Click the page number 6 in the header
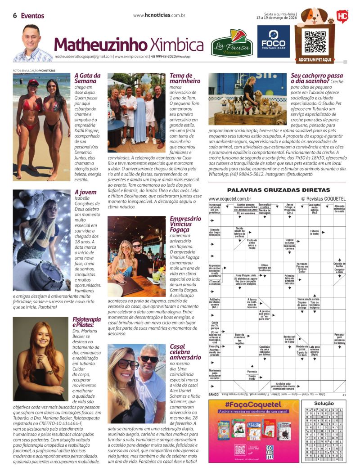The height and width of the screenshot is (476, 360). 15,16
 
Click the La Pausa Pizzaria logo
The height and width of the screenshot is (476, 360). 232,43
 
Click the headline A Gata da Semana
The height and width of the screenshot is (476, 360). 87,79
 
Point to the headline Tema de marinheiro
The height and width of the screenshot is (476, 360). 185,79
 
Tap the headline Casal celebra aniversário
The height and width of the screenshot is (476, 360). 185,352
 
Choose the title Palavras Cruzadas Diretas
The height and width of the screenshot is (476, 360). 279,190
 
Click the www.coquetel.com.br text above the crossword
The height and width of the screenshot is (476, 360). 229,198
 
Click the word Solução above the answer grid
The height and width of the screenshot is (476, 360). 324,404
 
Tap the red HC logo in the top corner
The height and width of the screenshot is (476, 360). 342,16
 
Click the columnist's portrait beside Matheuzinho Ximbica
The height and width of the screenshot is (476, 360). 32,44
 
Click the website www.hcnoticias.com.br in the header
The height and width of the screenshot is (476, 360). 160,15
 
